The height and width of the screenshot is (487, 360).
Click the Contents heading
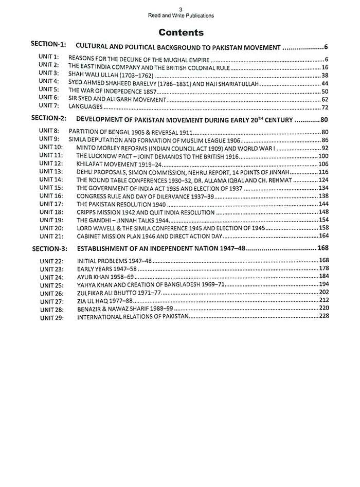[x=181, y=32]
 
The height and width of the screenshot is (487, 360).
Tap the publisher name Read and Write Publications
[x=181, y=16]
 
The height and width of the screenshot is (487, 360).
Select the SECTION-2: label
[x=49, y=118]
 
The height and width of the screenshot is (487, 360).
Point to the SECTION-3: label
[x=50, y=248]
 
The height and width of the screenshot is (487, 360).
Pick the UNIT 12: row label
[x=51, y=163]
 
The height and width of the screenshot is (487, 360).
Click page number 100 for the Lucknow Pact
[x=323, y=155]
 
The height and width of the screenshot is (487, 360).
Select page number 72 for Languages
[x=325, y=107]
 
